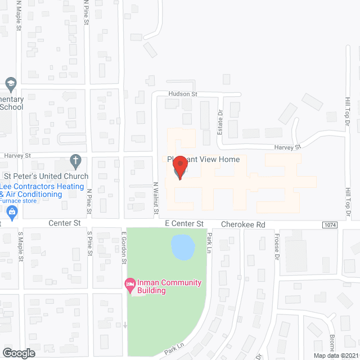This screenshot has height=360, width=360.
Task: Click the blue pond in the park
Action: (182, 247)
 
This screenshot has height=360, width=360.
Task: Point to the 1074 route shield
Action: (331, 224)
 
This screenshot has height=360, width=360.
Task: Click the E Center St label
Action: (184, 224)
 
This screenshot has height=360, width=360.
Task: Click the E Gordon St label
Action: (123, 247)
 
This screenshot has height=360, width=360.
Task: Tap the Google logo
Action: (18, 353)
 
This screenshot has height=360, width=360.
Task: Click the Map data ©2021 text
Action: (335, 355)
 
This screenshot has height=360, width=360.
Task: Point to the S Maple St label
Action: (20, 246)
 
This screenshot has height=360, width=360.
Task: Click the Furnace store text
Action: (18, 201)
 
